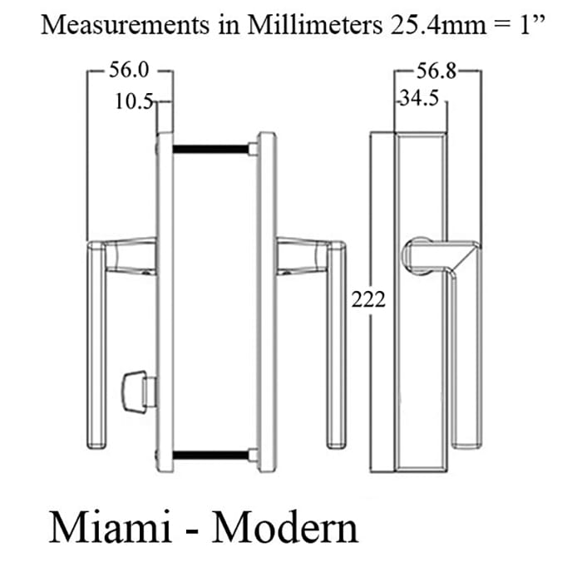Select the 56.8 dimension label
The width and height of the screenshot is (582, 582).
[x=438, y=72]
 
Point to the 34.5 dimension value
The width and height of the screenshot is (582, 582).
[x=420, y=100]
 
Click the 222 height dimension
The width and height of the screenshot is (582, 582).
[x=368, y=299]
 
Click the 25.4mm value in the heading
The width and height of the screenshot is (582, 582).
[x=437, y=25]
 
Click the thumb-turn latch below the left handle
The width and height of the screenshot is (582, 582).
[x=133, y=388]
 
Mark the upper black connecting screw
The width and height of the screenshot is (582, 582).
[x=211, y=149]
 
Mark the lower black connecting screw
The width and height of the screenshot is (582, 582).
[x=211, y=454]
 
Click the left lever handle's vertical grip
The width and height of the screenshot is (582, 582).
[x=96, y=349]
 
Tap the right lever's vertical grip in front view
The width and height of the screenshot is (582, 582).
[x=337, y=349]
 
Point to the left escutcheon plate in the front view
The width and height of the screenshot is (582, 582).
[x=165, y=299]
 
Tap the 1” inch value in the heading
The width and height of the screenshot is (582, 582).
[x=530, y=25]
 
